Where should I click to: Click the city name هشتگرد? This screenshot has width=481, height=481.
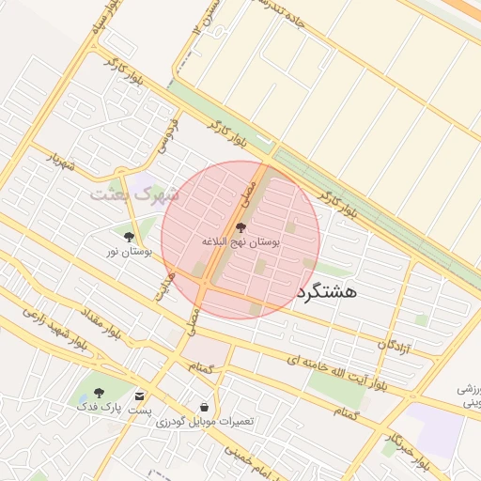tap(326, 291)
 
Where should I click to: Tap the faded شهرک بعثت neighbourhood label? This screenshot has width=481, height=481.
tap(133, 194)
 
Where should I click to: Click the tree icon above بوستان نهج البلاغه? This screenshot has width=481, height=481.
tap(240, 227)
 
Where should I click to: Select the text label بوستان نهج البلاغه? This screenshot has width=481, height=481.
tap(240, 242)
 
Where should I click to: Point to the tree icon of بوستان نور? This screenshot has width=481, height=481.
tap(129, 237)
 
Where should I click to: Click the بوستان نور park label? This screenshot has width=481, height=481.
tap(129, 252)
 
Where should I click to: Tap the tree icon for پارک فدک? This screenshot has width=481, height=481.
tap(100, 393)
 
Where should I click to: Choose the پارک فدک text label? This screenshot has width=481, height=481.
tap(100, 408)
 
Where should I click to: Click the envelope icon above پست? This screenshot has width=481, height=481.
tap(140, 396)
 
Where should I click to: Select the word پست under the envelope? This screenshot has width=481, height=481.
tap(140, 411)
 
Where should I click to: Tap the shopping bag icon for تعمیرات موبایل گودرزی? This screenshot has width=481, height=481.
tap(204, 407)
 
